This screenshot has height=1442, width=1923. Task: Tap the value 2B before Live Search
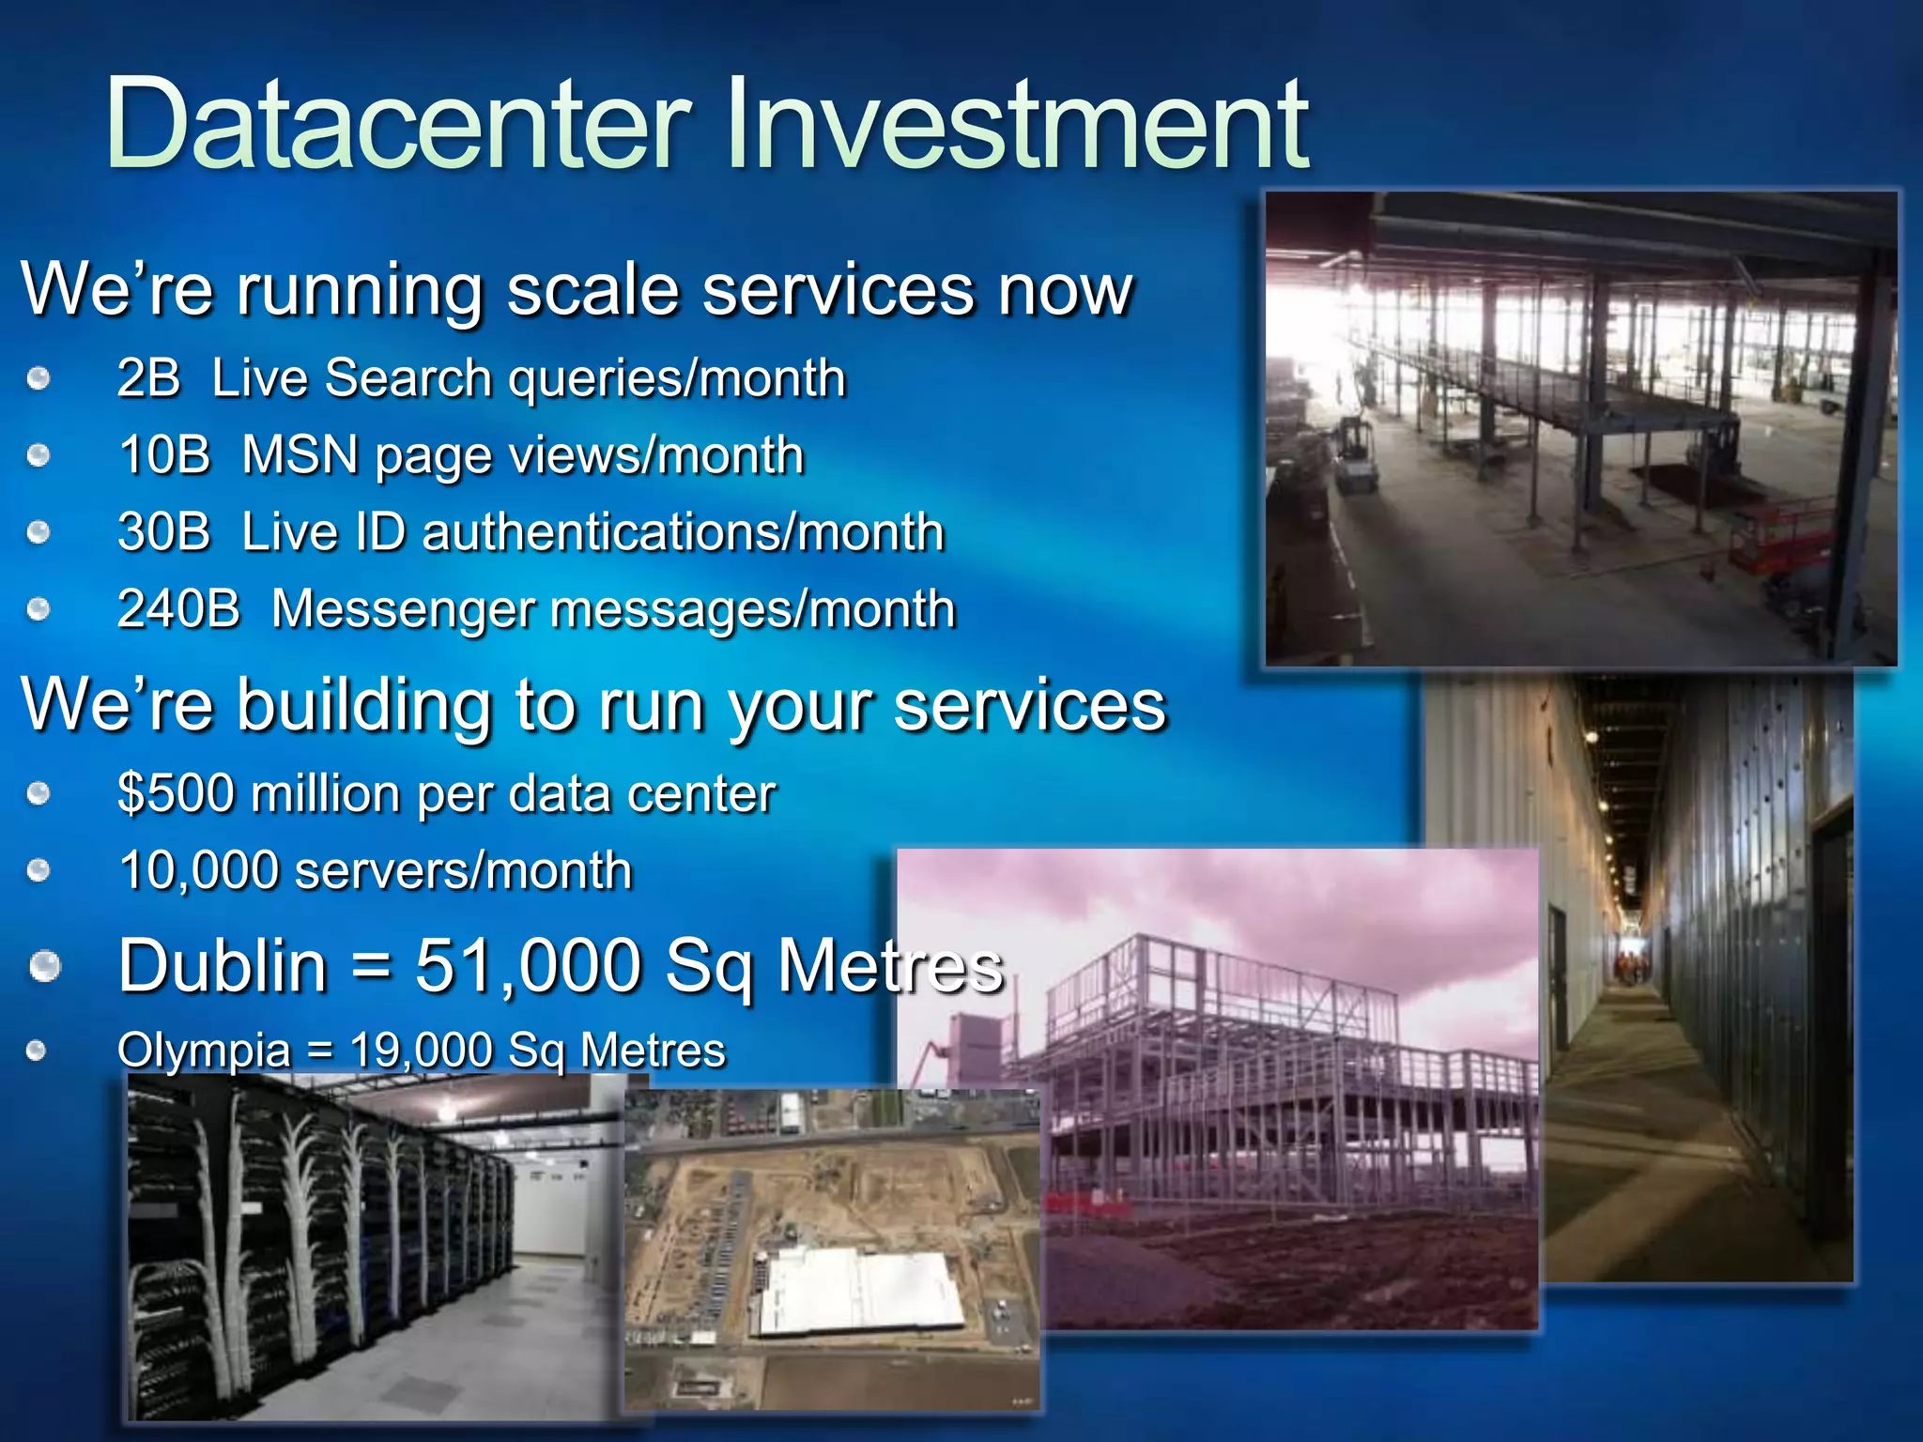tap(148, 378)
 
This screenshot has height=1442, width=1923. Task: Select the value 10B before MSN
tap(164, 455)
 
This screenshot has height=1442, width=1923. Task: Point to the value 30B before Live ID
tap(164, 532)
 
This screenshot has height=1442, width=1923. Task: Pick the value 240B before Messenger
tap(179, 609)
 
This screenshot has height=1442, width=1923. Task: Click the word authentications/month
tap(683, 532)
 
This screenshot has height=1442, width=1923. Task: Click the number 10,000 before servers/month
tap(199, 870)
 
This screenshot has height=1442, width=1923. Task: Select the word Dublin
tap(223, 966)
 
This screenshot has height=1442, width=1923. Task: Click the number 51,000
tap(528, 966)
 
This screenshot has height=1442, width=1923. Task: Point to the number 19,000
tap(421, 1050)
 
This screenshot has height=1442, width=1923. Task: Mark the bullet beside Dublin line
tap(44, 966)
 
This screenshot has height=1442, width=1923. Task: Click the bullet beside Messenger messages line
tap(38, 610)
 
